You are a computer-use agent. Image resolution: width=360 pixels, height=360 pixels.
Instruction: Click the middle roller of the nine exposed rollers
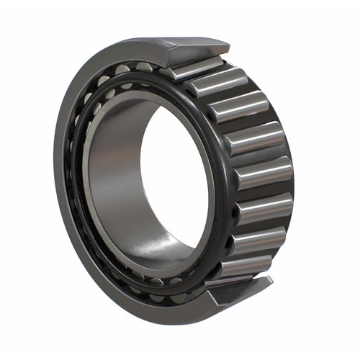point(264,174)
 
